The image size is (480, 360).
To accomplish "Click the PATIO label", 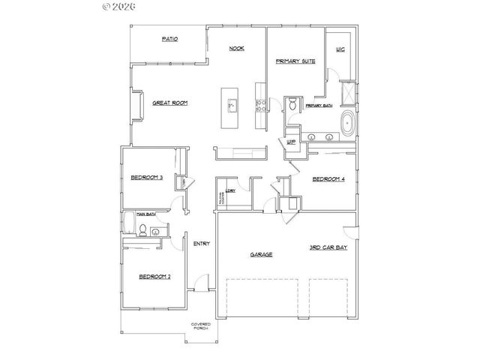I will coord(169,39).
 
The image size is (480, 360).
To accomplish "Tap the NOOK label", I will coord(236,49).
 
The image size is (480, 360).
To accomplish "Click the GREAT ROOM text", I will coord(169,103).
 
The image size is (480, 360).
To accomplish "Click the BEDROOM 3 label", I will coord(146,178).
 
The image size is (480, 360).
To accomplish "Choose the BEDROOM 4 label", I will coord(328,179).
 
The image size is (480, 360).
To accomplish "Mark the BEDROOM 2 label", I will coord(154,277).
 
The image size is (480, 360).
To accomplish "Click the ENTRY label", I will coord(201,244).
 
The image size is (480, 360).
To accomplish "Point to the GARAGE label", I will coord(261,255).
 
